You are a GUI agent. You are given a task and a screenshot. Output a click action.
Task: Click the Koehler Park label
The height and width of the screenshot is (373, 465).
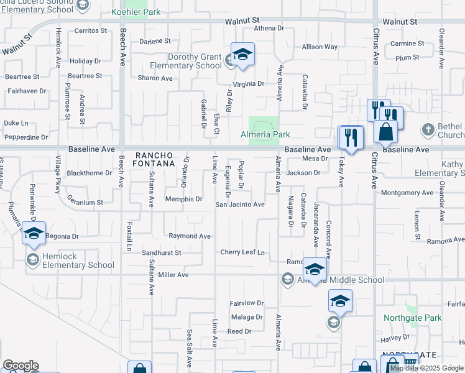[135, 12]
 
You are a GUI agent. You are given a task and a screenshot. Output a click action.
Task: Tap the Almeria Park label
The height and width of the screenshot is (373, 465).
[265, 134]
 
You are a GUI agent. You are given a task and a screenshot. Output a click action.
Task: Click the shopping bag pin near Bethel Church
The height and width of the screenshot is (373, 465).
[385, 132]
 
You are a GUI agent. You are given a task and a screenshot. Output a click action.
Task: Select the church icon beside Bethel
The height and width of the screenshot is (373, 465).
[427, 130]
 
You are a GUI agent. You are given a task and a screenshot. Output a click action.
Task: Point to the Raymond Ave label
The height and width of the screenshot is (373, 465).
[190, 236]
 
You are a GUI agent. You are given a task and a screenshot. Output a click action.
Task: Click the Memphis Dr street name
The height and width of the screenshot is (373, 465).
[183, 199]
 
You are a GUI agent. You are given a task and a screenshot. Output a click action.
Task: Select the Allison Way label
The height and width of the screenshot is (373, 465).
[320, 47]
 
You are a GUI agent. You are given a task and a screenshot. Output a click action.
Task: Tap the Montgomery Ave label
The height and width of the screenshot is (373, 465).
[407, 193]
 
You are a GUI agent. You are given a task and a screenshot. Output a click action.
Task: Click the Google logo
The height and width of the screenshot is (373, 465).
[21, 366]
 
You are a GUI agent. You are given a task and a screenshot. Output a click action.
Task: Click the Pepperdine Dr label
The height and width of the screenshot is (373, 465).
[25, 137]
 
